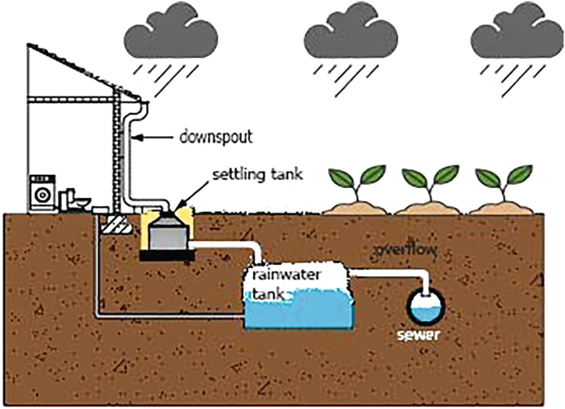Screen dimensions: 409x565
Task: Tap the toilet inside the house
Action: pos(75,199)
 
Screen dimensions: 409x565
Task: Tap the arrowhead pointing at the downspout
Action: pos(142,136)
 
